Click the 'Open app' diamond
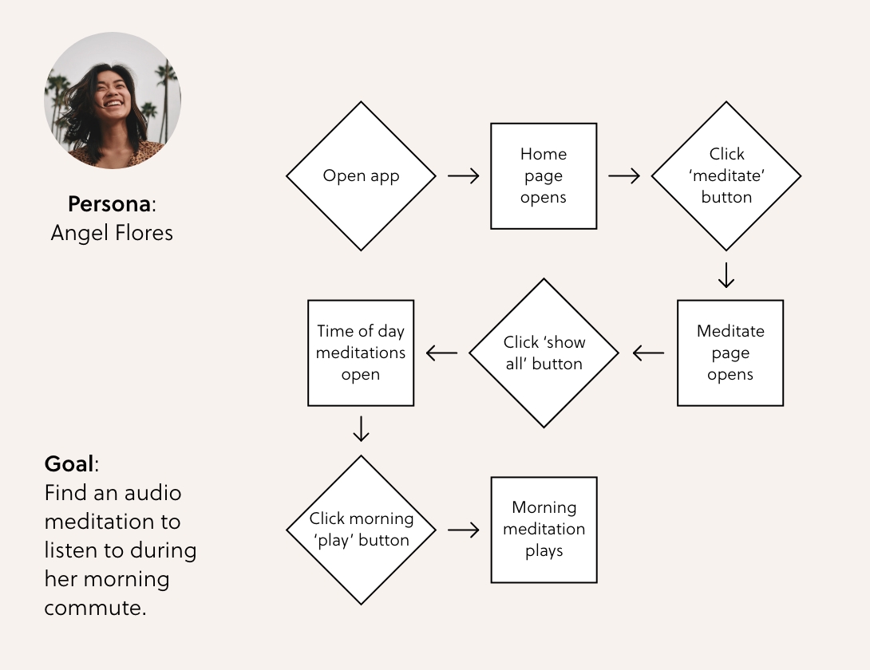(x=361, y=176)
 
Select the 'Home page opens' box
(x=544, y=176)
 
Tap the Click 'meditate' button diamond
(x=726, y=176)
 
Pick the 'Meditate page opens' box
(x=730, y=353)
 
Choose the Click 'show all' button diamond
(x=544, y=353)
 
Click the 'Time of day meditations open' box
(x=361, y=353)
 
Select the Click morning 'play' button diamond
(x=361, y=530)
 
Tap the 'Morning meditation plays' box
(x=544, y=530)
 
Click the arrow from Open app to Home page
(x=464, y=176)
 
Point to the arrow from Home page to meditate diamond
(x=624, y=176)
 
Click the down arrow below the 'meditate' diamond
(x=726, y=274)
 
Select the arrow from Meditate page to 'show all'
(x=648, y=353)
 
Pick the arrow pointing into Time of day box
(x=441, y=353)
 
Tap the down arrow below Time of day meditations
(x=361, y=428)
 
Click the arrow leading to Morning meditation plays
(x=464, y=530)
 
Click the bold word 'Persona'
(x=109, y=204)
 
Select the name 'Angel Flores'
(x=112, y=232)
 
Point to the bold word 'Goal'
(x=69, y=464)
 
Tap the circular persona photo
(x=112, y=100)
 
